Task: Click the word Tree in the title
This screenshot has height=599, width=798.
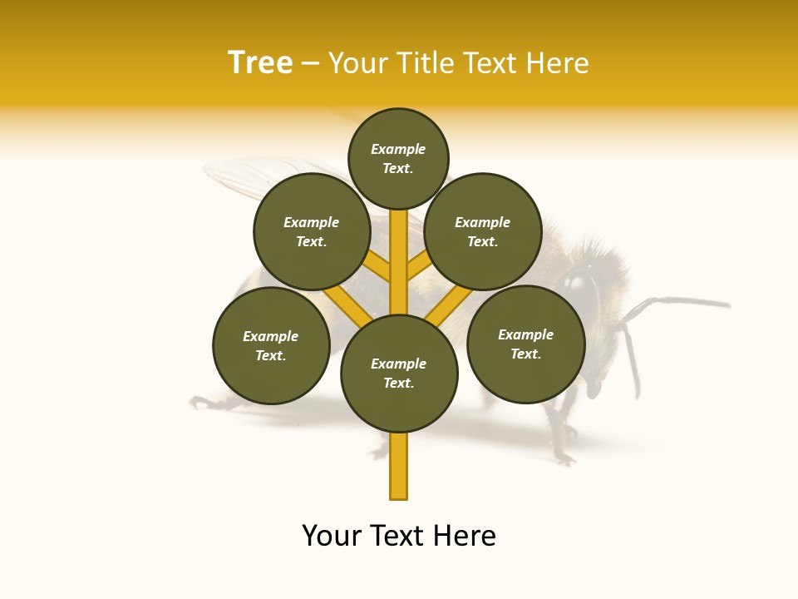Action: [260, 62]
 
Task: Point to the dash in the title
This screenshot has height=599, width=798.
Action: [310, 64]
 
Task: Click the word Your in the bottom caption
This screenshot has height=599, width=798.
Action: [331, 536]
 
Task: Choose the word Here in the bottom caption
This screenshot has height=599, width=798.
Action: [466, 536]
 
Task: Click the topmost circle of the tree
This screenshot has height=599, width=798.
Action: [398, 158]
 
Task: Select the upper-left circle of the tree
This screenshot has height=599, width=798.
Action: [311, 231]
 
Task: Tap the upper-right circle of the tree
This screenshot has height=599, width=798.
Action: [483, 231]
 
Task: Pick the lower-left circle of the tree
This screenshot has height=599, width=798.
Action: [271, 345]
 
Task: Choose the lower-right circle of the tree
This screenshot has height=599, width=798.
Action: [525, 344]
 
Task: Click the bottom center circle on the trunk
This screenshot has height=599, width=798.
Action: [399, 373]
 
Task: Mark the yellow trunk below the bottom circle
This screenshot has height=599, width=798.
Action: [399, 466]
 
